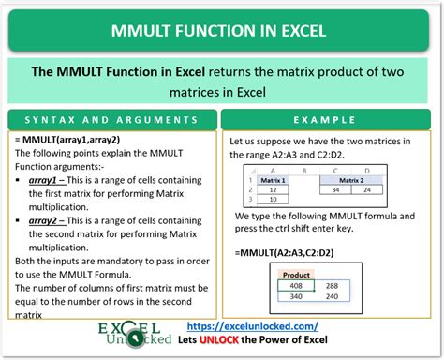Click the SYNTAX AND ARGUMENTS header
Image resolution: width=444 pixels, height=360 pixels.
click(x=111, y=122)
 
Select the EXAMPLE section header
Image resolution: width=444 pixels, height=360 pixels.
click(x=331, y=122)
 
